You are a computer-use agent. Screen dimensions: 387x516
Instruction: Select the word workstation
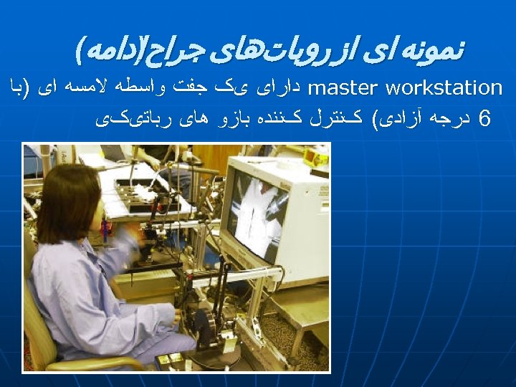click(444, 88)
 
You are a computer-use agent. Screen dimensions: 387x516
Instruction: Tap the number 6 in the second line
click(484, 118)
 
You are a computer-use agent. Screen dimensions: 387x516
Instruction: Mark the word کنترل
click(340, 118)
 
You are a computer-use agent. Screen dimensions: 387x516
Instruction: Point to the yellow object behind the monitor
click(315, 157)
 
